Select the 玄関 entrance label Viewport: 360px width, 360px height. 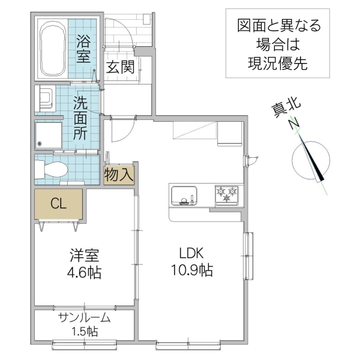(121, 67)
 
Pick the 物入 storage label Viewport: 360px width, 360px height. (118, 175)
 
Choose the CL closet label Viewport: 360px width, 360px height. (58, 204)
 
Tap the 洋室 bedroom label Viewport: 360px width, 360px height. (83, 255)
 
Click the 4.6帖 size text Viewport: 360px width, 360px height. (83, 273)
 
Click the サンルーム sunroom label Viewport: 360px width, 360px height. (85, 317)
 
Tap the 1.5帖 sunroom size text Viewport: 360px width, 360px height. (85, 331)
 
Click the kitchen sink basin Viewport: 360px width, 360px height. (184, 196)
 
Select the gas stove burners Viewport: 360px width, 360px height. (227, 195)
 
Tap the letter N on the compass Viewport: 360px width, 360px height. (293, 124)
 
